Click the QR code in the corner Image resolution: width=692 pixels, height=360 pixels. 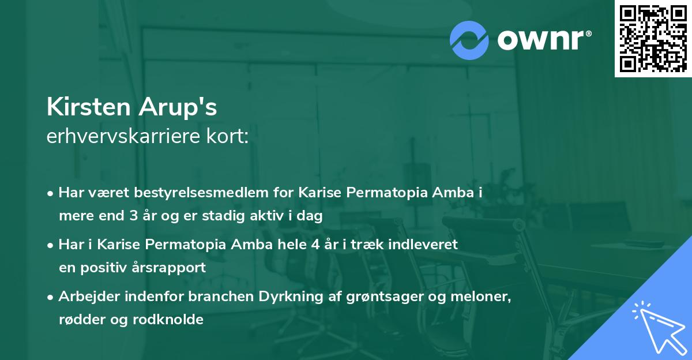tap(653, 38)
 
